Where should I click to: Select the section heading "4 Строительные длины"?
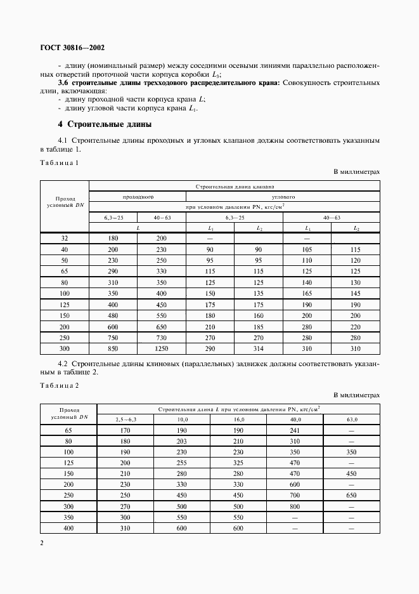tap(105, 124)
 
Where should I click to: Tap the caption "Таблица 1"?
tap(60, 163)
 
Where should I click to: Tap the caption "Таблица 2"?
tap(60, 386)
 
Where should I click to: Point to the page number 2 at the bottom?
tap(42, 543)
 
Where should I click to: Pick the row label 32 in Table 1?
tap(65, 238)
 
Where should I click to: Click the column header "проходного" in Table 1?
tap(138, 197)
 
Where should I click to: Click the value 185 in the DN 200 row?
tap(259, 327)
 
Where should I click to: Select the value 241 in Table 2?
tap(294, 430)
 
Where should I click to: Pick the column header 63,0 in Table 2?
tap(351, 419)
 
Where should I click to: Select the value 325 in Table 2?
tap(238, 464)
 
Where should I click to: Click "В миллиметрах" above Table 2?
tap(356, 395)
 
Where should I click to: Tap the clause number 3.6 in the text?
tap(64, 83)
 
